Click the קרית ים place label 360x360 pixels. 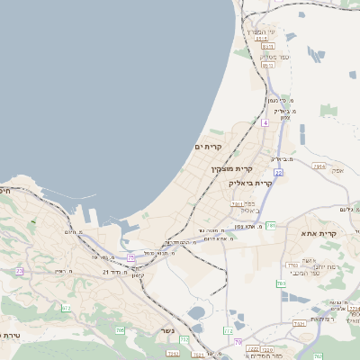tap(208, 147)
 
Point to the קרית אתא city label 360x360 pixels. tap(315, 234)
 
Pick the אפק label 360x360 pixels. tap(337, 168)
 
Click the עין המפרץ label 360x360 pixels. tap(265, 30)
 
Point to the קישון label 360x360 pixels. tap(137, 274)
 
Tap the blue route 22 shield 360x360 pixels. tap(279, 171)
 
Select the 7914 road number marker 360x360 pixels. tap(319, 166)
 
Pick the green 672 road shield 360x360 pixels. tap(66, 308)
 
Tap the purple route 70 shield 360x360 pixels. tap(238, 341)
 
